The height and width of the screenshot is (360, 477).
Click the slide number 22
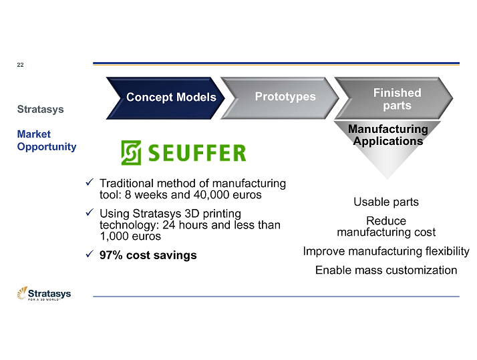click(x=20, y=65)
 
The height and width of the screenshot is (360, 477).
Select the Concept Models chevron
click(x=171, y=98)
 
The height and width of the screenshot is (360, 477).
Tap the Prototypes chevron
click(x=285, y=97)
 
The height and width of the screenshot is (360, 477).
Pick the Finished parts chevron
click(x=397, y=99)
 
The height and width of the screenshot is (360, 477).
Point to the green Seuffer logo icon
click(x=131, y=153)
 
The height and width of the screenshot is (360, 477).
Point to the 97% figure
click(x=112, y=255)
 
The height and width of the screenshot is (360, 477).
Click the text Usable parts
click(x=385, y=202)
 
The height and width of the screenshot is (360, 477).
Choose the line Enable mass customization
click(x=385, y=270)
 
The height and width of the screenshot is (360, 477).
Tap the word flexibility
click(x=444, y=252)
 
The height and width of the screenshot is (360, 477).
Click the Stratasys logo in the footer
click(x=44, y=294)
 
